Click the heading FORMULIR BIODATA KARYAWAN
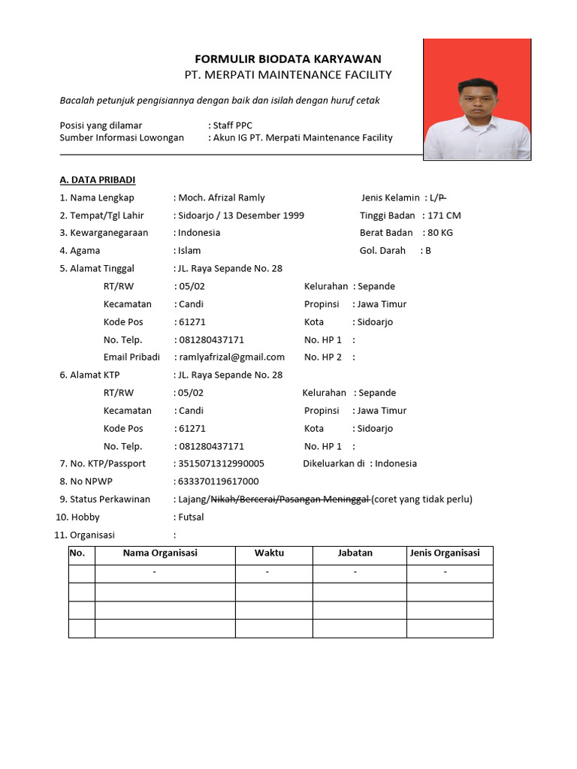click(x=288, y=59)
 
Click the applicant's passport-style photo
click(x=477, y=99)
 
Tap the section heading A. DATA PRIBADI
click(x=98, y=179)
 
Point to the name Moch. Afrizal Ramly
click(x=222, y=198)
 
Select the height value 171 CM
click(x=443, y=216)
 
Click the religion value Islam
click(x=189, y=251)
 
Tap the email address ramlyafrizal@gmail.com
click(x=231, y=357)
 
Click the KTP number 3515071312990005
click(x=221, y=464)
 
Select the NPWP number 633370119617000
click(x=219, y=481)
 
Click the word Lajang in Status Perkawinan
click(x=193, y=499)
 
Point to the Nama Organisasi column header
click(x=160, y=553)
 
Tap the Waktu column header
click(x=269, y=553)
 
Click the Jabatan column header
click(x=355, y=553)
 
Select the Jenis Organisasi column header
click(x=445, y=553)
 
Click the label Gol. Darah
click(x=382, y=251)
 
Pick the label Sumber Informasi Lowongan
click(x=122, y=138)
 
